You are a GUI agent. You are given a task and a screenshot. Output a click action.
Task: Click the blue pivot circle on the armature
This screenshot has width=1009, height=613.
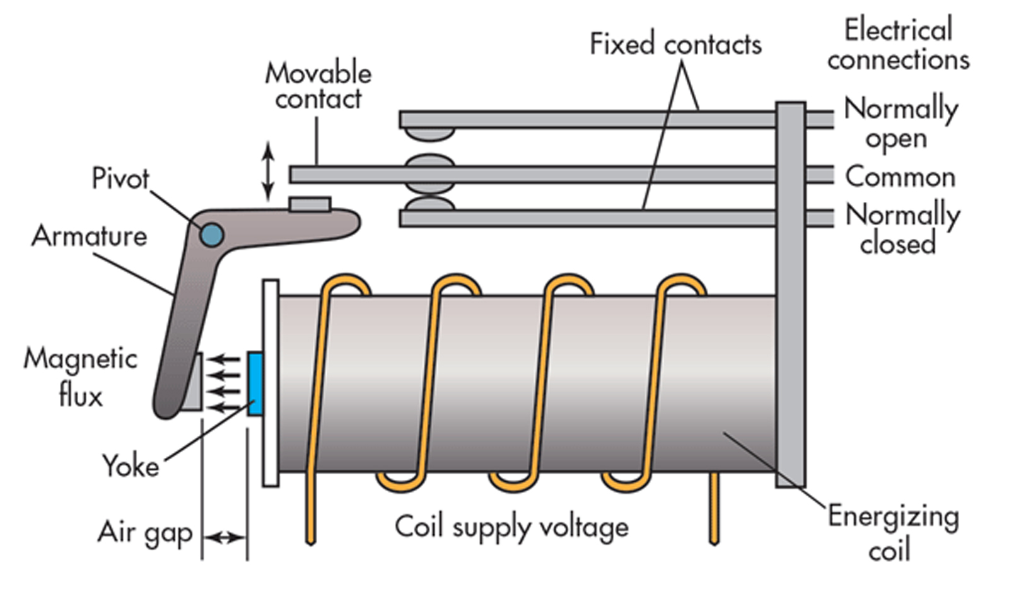212,235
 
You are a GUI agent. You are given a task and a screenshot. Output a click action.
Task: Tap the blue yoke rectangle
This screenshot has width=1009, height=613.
255,383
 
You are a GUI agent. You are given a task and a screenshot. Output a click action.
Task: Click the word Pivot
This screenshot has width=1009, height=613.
120,179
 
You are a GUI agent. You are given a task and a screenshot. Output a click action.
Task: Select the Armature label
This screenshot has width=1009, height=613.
90,236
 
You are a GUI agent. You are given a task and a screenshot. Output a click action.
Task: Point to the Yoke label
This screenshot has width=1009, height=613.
131,465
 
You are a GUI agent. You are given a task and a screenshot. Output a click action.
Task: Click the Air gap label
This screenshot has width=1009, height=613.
145,534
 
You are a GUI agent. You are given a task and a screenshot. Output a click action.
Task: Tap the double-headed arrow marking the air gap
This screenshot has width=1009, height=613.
225,537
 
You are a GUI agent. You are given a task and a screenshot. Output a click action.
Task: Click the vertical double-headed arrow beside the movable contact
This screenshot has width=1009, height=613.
269,171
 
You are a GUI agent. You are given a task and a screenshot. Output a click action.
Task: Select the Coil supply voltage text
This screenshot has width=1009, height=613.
511,527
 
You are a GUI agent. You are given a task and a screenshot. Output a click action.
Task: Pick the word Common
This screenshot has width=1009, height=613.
901,177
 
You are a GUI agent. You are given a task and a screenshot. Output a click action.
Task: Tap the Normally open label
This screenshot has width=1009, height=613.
901,122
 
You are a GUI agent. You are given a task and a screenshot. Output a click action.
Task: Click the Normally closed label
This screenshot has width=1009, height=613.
902,228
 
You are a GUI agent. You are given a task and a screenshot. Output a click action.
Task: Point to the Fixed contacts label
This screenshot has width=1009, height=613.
675,44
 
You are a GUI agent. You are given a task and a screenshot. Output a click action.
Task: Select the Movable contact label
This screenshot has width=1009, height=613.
318,86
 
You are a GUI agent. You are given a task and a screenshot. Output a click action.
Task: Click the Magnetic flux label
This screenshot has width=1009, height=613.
81,377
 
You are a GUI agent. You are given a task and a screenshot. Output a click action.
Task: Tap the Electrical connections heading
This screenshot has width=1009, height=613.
898,44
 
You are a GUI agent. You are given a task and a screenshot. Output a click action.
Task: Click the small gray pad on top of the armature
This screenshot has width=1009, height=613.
310,204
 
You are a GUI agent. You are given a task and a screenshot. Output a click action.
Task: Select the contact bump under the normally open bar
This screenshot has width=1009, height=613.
429,134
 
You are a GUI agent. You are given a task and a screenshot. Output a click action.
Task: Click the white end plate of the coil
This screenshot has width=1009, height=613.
271,383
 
